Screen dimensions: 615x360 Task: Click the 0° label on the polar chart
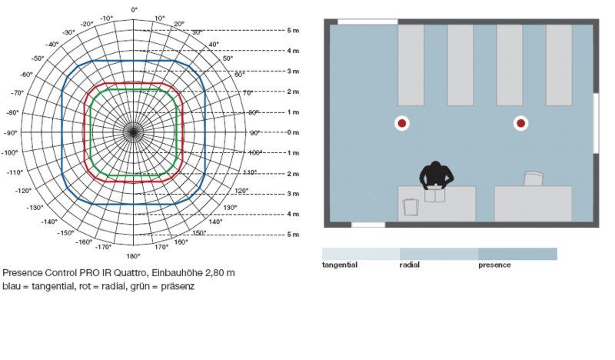134,9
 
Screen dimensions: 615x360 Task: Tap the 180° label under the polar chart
133,256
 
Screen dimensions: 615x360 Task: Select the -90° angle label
11,133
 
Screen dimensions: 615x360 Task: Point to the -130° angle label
35,207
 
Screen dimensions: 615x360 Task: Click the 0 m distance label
293,133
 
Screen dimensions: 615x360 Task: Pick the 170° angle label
161,247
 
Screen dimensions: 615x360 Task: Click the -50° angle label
38,58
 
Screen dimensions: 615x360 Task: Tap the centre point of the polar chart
133,133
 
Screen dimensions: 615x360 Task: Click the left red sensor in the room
402,123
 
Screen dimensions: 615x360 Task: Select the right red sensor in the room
521,123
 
